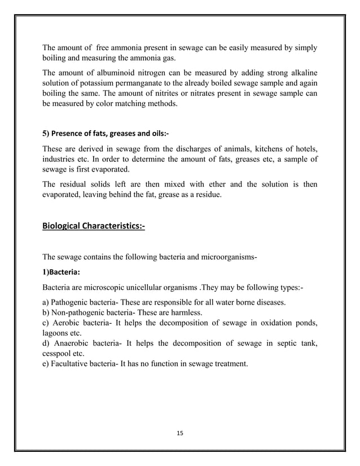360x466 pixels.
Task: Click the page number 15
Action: pyautogui.click(x=180, y=433)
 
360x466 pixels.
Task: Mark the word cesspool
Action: pyautogui.click(x=59, y=354)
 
